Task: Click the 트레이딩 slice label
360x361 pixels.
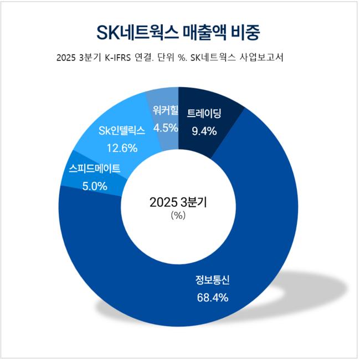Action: tap(204, 115)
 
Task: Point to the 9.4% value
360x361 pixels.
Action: tap(204, 131)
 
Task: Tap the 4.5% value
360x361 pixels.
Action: tap(165, 128)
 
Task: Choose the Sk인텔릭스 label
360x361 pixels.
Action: tap(118, 131)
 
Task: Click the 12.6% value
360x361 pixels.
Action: tap(119, 148)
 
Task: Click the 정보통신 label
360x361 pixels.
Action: tap(213, 281)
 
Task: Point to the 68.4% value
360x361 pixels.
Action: tap(213, 298)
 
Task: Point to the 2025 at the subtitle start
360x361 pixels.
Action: tap(66, 58)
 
